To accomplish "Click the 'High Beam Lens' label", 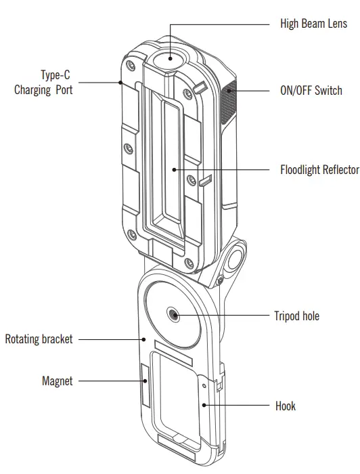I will pyautogui.click(x=313, y=24).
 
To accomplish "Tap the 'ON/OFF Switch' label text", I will pyautogui.click(x=311, y=91).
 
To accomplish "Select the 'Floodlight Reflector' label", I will pyautogui.click(x=319, y=170).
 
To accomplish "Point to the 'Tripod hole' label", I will pyautogui.click(x=296, y=316).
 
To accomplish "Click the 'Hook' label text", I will pyautogui.click(x=285, y=406).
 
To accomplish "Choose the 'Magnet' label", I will pyautogui.click(x=57, y=381).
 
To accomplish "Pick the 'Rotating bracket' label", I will pyautogui.click(x=39, y=339).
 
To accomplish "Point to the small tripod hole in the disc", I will pyautogui.click(x=174, y=315).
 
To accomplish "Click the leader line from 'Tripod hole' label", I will pyautogui.click(x=223, y=316).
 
